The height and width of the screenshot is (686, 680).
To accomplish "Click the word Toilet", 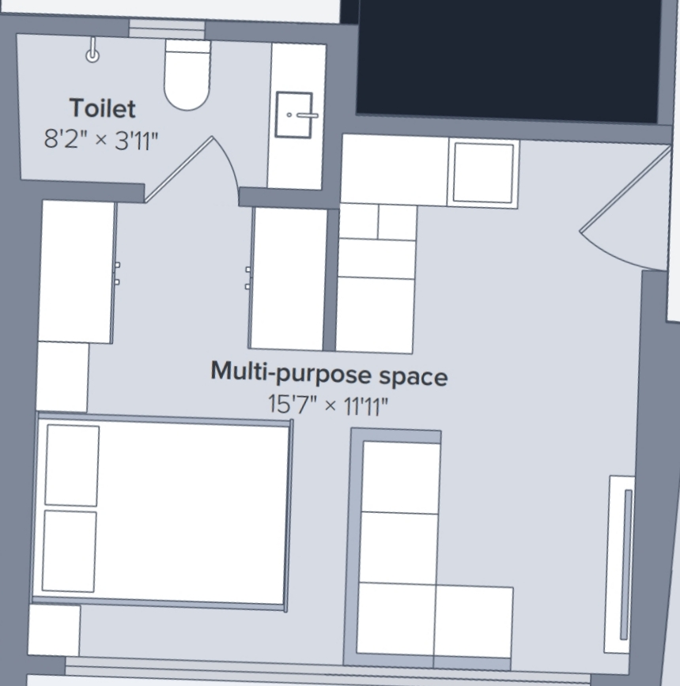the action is point(102,108).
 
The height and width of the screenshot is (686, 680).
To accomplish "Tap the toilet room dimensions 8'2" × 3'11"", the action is point(101,140).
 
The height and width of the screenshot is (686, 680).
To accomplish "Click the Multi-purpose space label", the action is point(329,373).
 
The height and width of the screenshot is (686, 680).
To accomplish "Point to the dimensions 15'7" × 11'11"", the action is point(328,405).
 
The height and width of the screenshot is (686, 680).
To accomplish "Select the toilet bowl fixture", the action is point(187,74).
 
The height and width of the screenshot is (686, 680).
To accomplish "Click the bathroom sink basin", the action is point(293,115).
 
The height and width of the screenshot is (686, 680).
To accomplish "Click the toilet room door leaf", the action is point(179,169).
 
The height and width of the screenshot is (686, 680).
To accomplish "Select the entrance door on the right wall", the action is point(625,189).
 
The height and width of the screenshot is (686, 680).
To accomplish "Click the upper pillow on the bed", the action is point(72,465).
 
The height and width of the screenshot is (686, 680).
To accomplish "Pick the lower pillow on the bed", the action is point(69,552).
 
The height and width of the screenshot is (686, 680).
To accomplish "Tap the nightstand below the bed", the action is point(55,631).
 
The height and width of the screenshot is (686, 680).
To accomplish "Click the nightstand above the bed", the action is point(62,377).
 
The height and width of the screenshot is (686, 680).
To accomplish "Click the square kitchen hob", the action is point(483,173).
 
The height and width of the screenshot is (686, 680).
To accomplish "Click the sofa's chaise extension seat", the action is point(474,621).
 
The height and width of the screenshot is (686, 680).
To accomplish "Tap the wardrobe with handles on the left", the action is point(77,272).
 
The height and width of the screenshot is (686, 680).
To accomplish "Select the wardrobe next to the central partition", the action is point(289,279).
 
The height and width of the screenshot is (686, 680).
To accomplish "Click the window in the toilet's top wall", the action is point(167,30).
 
